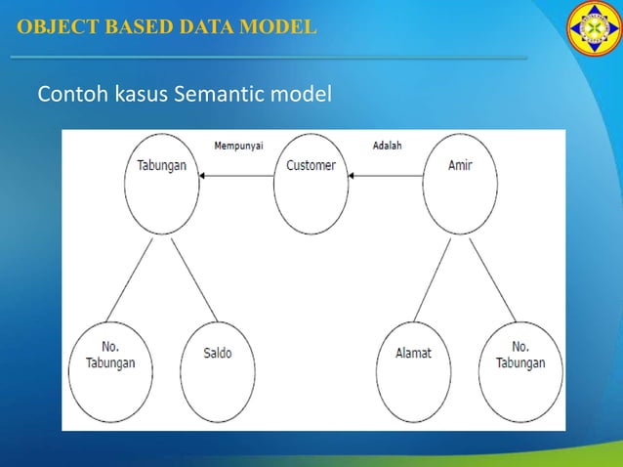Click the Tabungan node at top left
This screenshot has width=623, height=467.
tap(162, 184)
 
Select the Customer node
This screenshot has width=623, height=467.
tap(311, 184)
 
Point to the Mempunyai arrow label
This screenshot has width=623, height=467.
tap(238, 146)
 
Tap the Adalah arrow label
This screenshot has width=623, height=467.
tap(388, 146)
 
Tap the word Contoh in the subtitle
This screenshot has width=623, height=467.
tap(66, 95)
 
